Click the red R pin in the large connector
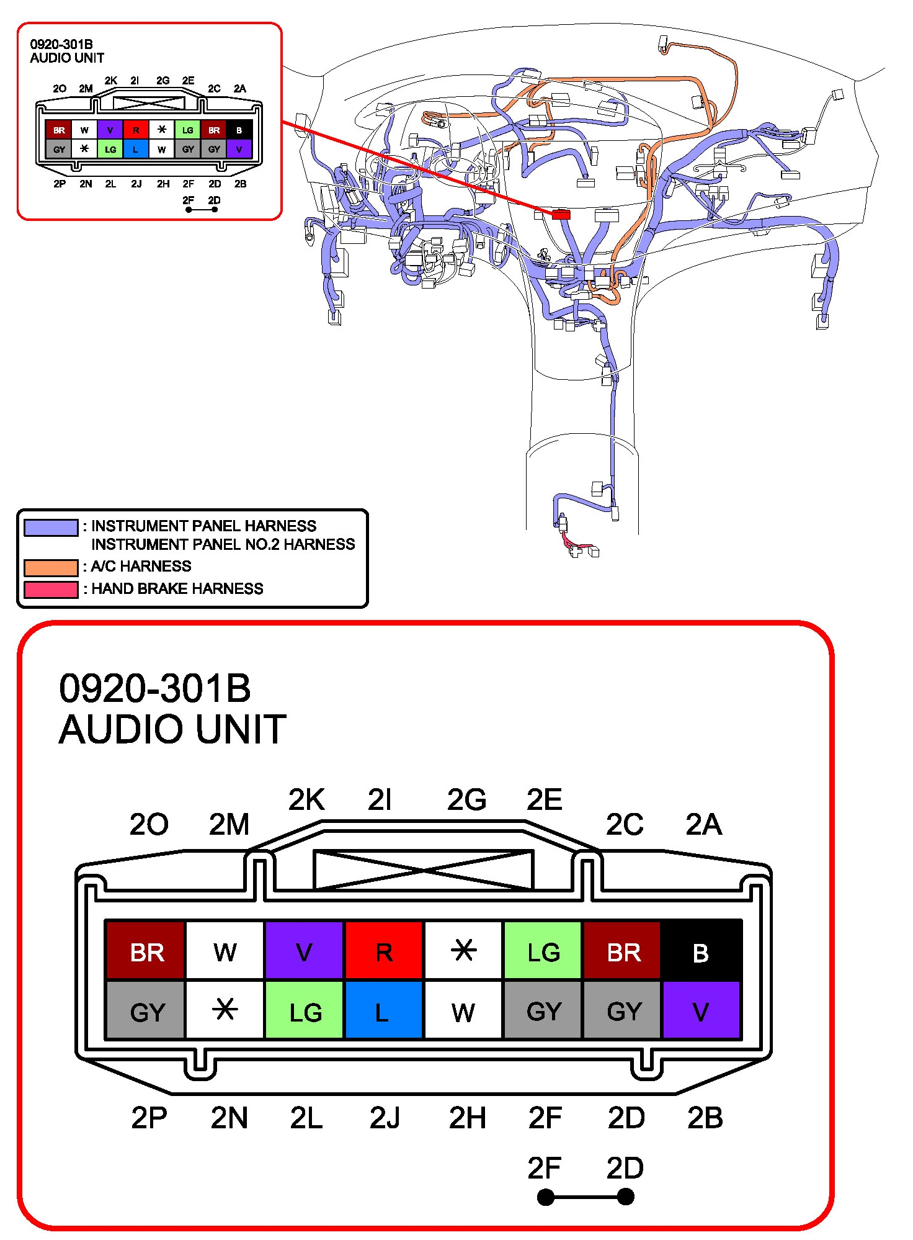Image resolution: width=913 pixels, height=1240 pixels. pos(384,951)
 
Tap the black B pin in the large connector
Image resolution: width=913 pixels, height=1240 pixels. pos(701,951)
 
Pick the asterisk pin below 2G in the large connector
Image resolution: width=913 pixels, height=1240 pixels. pos(463,951)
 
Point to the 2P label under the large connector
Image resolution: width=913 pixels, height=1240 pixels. pos(149,1118)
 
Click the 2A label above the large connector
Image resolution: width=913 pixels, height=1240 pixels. pos(703,824)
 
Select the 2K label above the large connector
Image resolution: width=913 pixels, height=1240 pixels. pos(306,799)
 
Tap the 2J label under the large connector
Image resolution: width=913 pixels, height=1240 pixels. pos(385,1118)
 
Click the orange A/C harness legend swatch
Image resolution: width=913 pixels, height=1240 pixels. pos(51,567)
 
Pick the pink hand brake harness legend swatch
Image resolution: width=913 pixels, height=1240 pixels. pos(51,589)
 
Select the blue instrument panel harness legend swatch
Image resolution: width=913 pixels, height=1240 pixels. pos(51,528)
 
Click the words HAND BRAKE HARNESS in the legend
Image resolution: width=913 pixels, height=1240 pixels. pos(177,588)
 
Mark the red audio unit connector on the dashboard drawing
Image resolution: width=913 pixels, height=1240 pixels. pos(561,214)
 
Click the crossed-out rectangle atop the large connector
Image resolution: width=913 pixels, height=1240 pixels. pos(424,869)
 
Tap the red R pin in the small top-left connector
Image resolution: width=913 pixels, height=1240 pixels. pos(136,130)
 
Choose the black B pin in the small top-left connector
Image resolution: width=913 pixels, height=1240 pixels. pos(239,130)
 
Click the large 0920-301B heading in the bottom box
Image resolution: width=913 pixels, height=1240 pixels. pos(155,688)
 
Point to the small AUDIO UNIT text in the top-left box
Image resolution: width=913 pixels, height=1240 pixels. pos(67,58)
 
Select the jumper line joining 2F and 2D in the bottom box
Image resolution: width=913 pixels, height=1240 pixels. pos(586,1197)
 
